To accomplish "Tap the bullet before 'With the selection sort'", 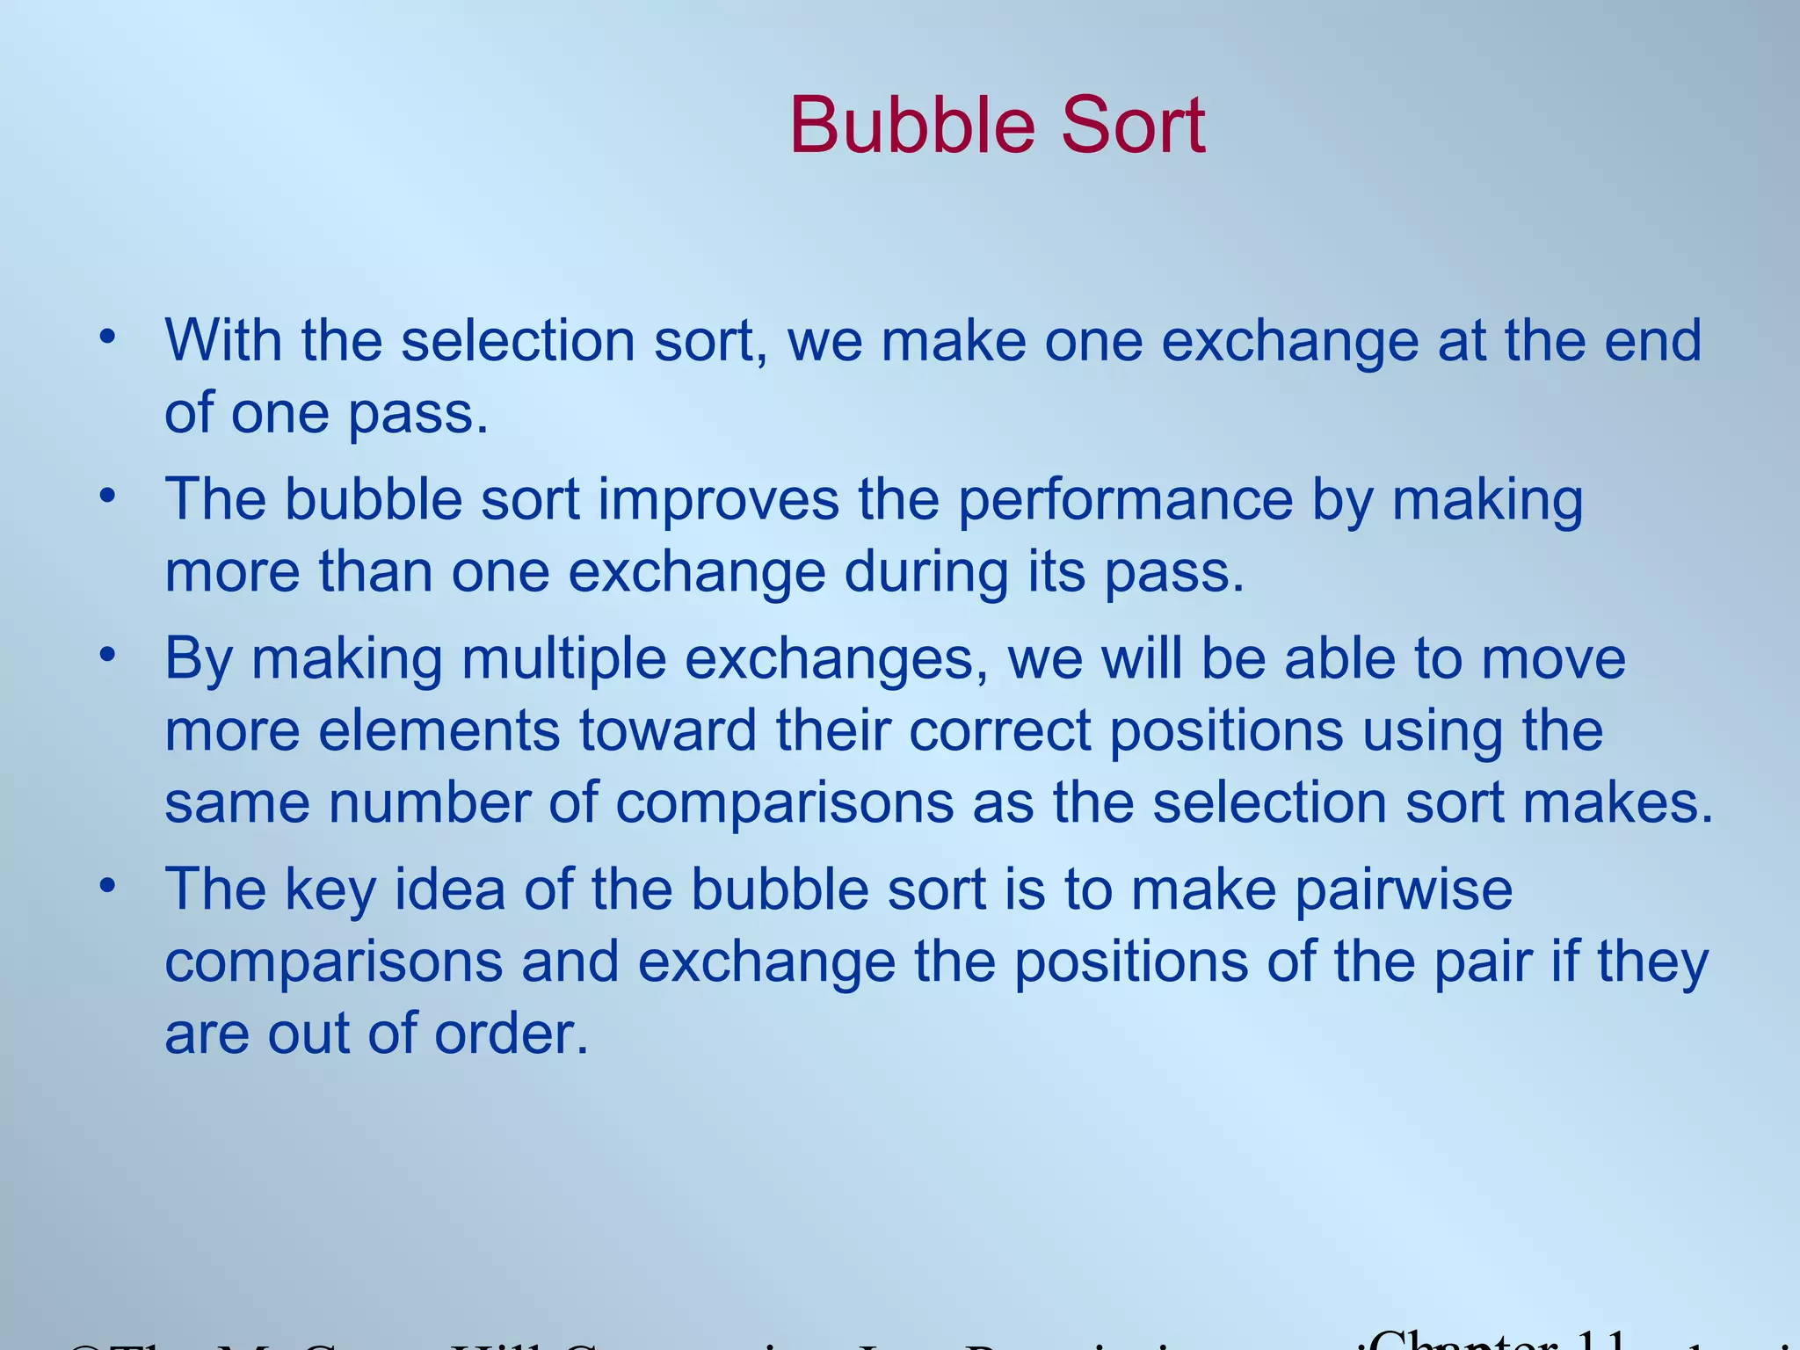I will click(107, 336).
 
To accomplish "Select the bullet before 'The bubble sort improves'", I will click(107, 495).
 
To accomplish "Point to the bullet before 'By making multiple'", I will click(107, 655).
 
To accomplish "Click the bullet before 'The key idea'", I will click(107, 885).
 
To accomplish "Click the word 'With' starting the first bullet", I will click(223, 340).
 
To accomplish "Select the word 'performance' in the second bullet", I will click(1125, 501).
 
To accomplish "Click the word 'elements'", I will click(439, 730).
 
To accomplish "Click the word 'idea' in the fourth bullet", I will click(449, 889).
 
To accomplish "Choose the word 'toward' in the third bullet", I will click(667, 730).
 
